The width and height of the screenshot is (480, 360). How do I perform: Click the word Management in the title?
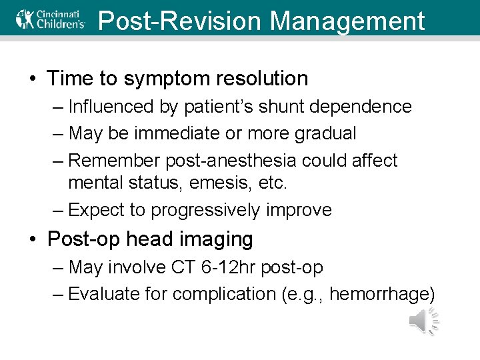coord(347,21)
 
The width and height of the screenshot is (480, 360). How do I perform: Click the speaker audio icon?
coord(423,321)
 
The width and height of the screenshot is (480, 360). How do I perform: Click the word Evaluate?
coord(103,293)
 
